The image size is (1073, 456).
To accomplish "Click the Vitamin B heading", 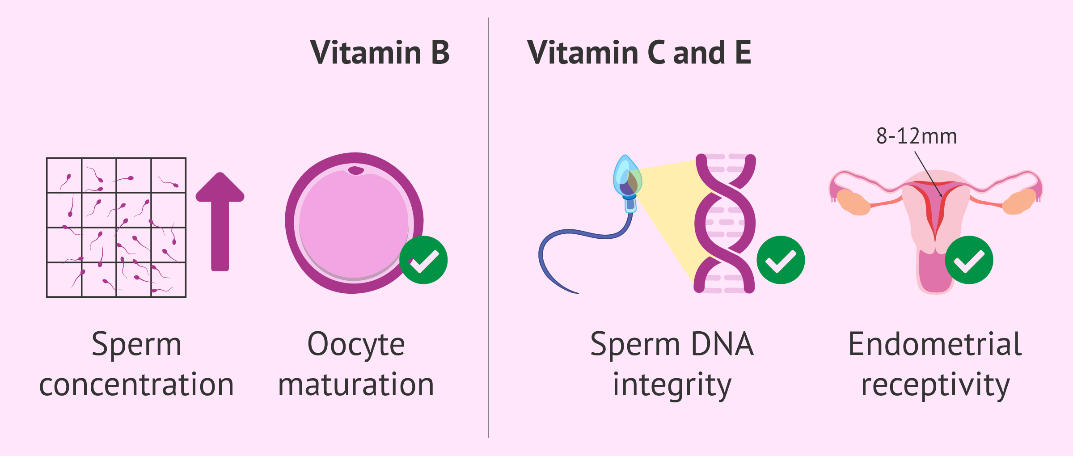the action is click(x=380, y=53).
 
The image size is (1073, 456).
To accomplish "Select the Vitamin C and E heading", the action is click(x=639, y=53).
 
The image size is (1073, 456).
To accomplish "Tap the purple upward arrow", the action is click(x=220, y=222).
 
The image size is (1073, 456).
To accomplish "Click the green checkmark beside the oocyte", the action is click(x=423, y=260).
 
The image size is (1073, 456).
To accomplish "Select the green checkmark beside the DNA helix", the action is click(x=781, y=260).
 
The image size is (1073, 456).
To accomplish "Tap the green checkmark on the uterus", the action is click(x=969, y=260).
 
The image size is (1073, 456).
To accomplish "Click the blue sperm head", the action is click(x=627, y=178).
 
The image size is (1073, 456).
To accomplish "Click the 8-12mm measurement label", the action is click(x=917, y=136).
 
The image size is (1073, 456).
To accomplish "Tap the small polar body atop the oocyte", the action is click(x=356, y=170).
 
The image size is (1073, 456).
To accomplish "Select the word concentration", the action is click(x=136, y=385).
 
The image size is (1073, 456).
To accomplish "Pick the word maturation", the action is click(x=356, y=385).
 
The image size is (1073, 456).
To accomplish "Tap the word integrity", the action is click(x=672, y=385).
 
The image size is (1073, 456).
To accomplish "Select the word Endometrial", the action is click(x=935, y=344).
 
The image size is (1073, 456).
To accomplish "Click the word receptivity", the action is click(x=935, y=385).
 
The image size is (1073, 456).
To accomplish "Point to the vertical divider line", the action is click(x=489, y=228).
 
